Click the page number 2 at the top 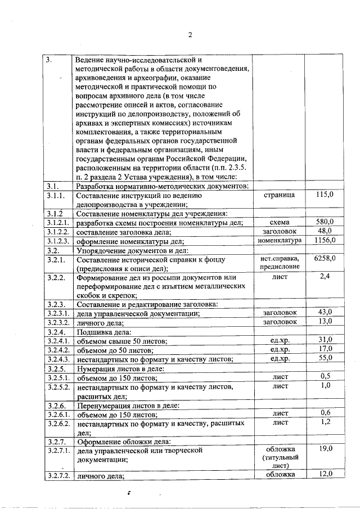[x=190, y=34]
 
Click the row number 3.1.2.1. [x=58, y=223]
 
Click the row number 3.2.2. [x=56, y=277]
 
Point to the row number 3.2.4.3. [x=58, y=359]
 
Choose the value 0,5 [x=325, y=376]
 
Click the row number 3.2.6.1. [x=58, y=414]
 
